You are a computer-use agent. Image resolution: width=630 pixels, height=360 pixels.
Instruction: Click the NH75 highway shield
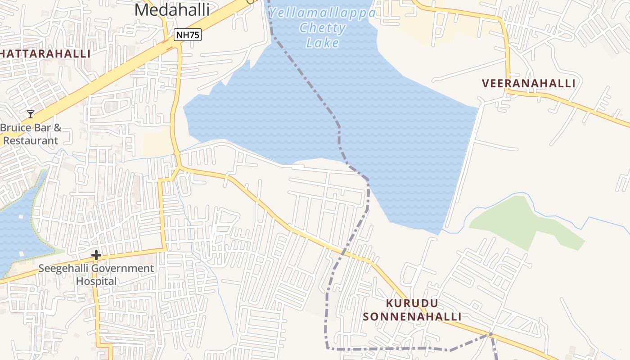(x=187, y=35)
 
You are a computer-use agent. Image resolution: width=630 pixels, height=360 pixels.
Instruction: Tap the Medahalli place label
(x=172, y=10)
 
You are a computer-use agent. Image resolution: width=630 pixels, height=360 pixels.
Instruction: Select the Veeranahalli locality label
(x=528, y=83)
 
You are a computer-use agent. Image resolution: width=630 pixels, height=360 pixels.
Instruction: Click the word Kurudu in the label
(x=412, y=303)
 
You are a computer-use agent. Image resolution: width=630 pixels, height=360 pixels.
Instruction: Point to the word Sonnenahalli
(x=412, y=317)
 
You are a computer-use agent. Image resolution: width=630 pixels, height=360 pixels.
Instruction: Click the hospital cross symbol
(x=96, y=256)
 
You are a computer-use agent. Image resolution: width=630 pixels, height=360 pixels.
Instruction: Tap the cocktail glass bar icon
(x=31, y=114)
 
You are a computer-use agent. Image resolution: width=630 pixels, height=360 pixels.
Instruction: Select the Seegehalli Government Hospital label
(x=96, y=274)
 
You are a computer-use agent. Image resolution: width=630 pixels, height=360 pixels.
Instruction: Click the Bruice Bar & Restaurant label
(x=31, y=134)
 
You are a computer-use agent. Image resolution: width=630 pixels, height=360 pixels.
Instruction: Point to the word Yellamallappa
(x=322, y=13)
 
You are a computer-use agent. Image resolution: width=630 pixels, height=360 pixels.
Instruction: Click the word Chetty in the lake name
(x=322, y=28)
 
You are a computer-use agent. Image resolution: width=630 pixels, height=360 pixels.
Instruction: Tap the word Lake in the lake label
(x=322, y=43)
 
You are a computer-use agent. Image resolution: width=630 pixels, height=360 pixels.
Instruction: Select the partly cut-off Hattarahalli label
(x=45, y=54)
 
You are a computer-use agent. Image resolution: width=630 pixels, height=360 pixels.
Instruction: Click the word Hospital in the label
(x=96, y=281)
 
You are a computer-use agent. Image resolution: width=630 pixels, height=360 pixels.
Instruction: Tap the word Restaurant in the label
(x=31, y=140)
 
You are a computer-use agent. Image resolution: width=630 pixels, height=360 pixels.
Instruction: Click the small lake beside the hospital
(x=18, y=229)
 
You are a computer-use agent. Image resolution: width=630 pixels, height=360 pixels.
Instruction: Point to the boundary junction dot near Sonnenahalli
(x=490, y=334)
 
